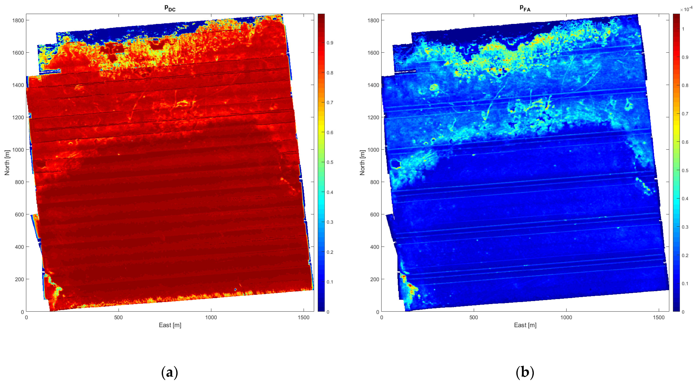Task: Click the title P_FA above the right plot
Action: pyautogui.click(x=525, y=8)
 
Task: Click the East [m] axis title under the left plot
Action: pyautogui.click(x=170, y=325)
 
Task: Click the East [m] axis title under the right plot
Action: pyautogui.click(x=525, y=325)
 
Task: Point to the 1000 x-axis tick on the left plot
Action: pyautogui.click(x=211, y=318)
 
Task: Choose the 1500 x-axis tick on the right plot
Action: pyautogui.click(x=659, y=318)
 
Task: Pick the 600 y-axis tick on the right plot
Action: pyautogui.click(x=374, y=215)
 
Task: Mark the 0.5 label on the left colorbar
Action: pyautogui.click(x=330, y=162)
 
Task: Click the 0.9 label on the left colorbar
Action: pyautogui.click(x=330, y=43)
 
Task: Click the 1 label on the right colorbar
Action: pyautogui.click(x=683, y=29)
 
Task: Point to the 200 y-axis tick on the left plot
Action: pyautogui.click(x=19, y=279)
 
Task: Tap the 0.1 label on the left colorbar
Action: pyautogui.click(x=330, y=282)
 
